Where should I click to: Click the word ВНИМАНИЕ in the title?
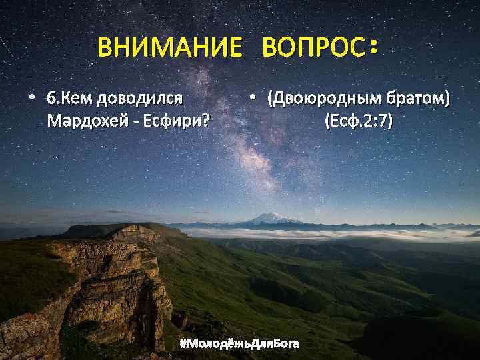click(170, 48)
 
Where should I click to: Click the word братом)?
click(419, 99)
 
